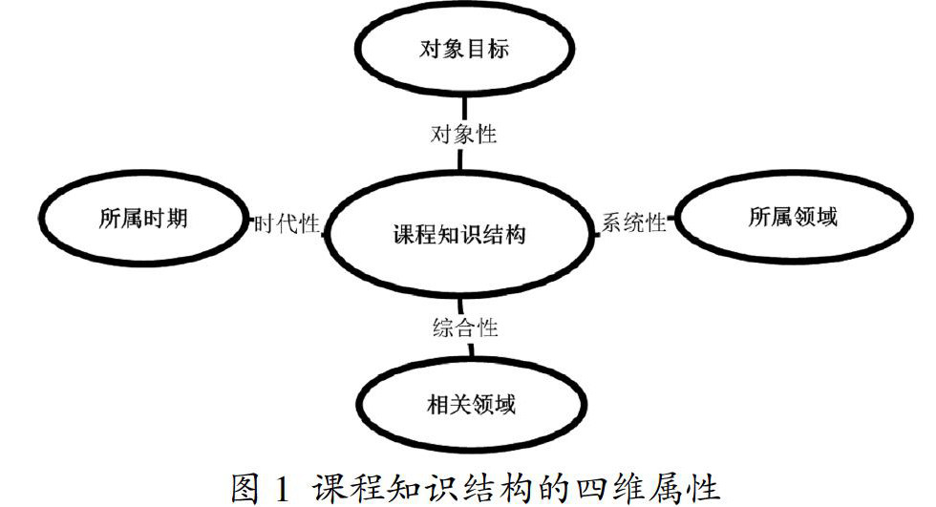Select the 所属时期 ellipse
143,219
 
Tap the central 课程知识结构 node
459,234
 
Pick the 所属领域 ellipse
793,218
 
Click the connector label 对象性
463,134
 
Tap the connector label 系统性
632,223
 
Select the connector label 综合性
462,327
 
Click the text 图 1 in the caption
259,487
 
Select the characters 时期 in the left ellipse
165,219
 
